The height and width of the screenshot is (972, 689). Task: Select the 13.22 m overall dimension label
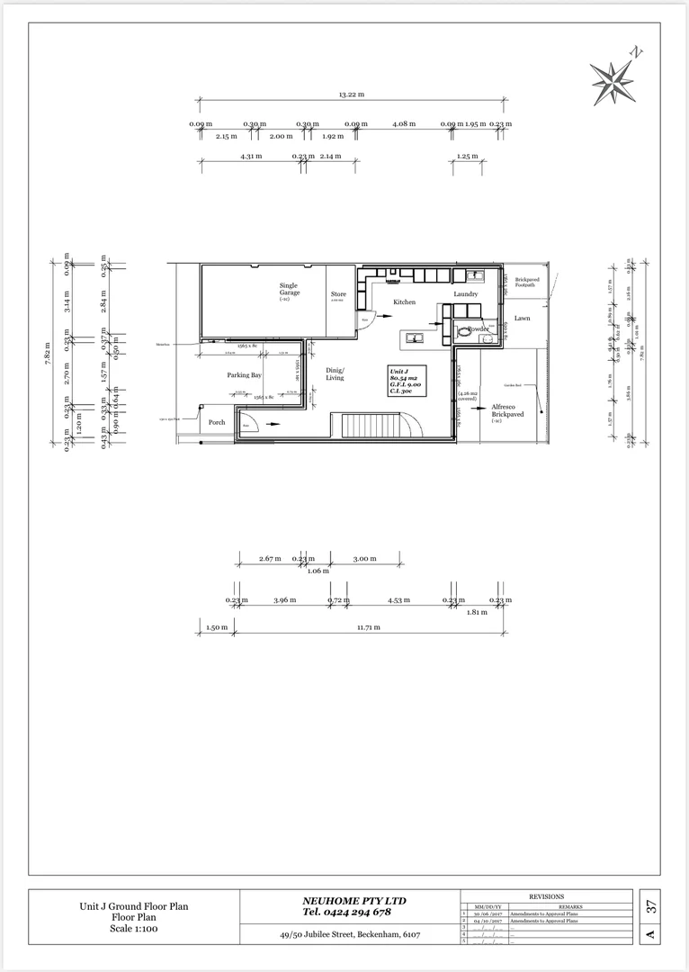click(351, 94)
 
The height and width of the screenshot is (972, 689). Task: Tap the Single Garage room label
click(288, 289)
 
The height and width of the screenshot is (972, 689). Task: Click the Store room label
click(338, 294)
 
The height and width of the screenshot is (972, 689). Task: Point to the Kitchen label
click(404, 302)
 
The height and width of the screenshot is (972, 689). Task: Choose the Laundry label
click(465, 294)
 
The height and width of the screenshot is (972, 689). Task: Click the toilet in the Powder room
click(463, 331)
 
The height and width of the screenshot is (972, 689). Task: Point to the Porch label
click(217, 422)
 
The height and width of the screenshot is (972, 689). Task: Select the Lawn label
click(523, 318)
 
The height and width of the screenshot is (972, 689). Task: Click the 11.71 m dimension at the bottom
click(370, 627)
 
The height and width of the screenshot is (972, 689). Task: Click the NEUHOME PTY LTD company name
click(353, 901)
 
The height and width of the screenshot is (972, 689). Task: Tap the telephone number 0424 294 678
click(347, 913)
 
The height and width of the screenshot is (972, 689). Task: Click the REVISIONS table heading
click(546, 896)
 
